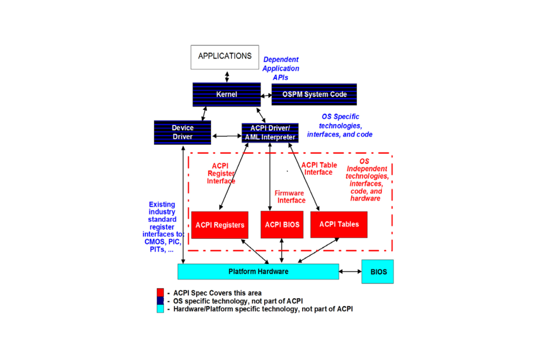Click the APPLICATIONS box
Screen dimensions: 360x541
[x=224, y=57]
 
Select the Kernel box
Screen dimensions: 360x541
[x=226, y=94]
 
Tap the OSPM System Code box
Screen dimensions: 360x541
[x=314, y=94]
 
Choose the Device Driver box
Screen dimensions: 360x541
[x=182, y=132]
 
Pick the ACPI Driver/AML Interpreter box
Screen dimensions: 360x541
[x=270, y=133]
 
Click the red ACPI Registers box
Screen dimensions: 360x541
[x=220, y=225]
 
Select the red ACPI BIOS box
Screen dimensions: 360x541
[x=282, y=225]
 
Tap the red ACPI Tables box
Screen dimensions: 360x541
[x=339, y=224]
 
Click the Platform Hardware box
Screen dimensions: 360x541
[x=258, y=272]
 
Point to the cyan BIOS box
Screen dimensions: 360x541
[x=377, y=272]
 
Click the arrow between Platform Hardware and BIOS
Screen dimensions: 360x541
[x=350, y=271]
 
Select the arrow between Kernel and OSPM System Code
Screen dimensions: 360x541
[x=266, y=95]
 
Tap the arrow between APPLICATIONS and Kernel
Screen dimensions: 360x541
[x=227, y=77]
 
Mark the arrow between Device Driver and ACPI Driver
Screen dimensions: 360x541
[x=226, y=136]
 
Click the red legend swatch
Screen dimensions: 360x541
[x=160, y=292]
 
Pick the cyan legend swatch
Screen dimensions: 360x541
[x=160, y=309]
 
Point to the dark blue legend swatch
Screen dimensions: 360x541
[x=160, y=301]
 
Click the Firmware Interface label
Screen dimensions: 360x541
[x=290, y=197]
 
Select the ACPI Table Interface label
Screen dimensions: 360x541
[x=319, y=168]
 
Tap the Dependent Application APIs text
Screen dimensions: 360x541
[x=281, y=68]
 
